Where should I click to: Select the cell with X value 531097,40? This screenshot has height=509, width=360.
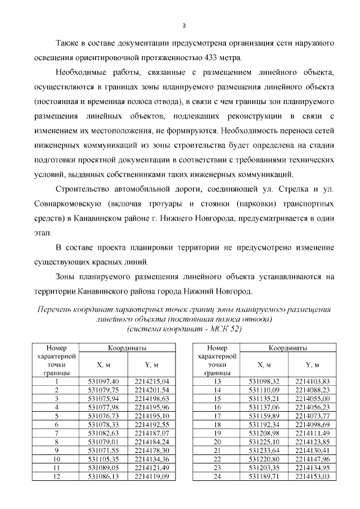104,381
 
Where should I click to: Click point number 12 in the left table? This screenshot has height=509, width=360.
56,476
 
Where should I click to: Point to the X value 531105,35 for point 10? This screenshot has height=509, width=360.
104,459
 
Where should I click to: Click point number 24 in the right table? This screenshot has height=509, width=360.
218,476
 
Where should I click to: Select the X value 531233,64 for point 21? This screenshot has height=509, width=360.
264,451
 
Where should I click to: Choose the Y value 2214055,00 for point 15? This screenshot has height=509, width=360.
312,399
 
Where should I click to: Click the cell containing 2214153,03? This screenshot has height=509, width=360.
312,476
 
